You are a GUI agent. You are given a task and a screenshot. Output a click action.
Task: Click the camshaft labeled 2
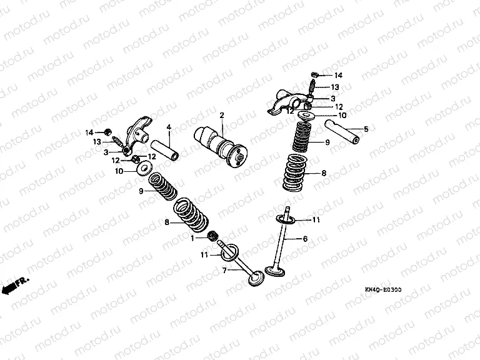point(218,147)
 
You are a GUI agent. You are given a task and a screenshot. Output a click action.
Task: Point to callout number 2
point(221,116)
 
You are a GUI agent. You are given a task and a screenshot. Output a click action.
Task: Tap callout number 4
point(168,127)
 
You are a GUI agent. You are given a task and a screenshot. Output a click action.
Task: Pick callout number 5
point(366,130)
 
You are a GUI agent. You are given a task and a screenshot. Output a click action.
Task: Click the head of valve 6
point(274,271)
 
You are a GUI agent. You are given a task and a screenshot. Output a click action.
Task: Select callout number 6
point(306,239)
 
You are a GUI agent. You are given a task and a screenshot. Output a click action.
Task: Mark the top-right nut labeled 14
point(316,75)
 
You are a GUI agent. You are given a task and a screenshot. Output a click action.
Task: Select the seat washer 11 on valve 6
point(287,219)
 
